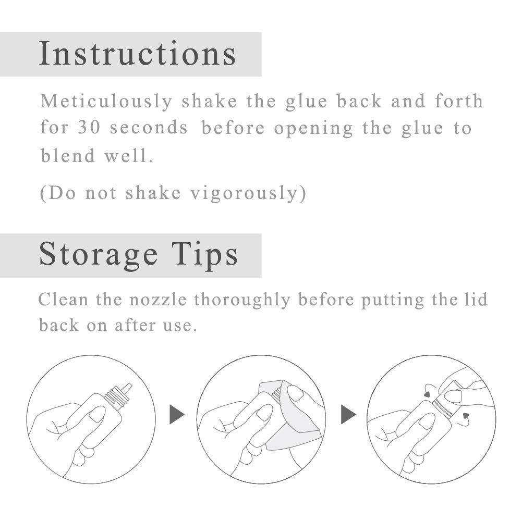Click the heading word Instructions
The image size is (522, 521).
138,53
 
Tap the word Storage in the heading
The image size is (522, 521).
98,255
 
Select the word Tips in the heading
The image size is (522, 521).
205,255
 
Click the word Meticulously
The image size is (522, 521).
106,101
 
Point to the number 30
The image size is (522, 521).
89,128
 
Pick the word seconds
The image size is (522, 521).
149,128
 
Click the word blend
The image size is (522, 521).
68,155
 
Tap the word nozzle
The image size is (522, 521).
158,300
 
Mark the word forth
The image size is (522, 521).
459,101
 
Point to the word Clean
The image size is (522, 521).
63,299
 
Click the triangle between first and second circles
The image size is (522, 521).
177,415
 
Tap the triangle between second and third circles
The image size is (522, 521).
348,415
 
